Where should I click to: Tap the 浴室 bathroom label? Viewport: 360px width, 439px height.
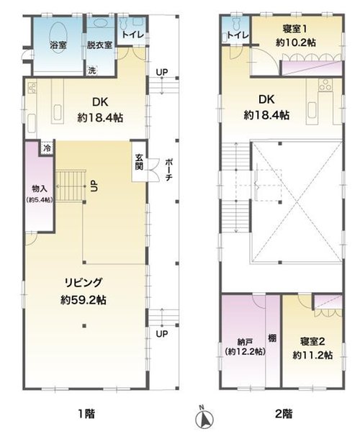[58, 45]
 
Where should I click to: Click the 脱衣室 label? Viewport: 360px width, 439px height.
[99, 45]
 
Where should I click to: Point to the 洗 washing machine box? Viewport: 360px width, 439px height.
[92, 71]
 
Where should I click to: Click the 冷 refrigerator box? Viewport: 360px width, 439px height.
[48, 148]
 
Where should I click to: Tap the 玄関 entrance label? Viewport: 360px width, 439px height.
[139, 162]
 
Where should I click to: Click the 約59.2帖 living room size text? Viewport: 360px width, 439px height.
[84, 300]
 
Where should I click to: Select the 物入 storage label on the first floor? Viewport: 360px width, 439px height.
[39, 189]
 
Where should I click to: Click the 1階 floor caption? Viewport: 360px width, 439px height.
[86, 413]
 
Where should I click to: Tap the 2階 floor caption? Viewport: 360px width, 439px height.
[284, 413]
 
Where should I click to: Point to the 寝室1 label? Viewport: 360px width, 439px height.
[294, 29]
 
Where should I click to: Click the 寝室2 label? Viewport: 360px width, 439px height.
[312, 342]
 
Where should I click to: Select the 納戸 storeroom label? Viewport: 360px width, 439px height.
[245, 342]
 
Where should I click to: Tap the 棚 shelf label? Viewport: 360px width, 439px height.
[272, 338]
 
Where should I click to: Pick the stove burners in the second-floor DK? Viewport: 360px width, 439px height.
[325, 84]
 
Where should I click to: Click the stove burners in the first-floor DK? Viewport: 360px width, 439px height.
[32, 88]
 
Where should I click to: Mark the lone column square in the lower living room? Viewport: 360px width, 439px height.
[84, 325]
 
